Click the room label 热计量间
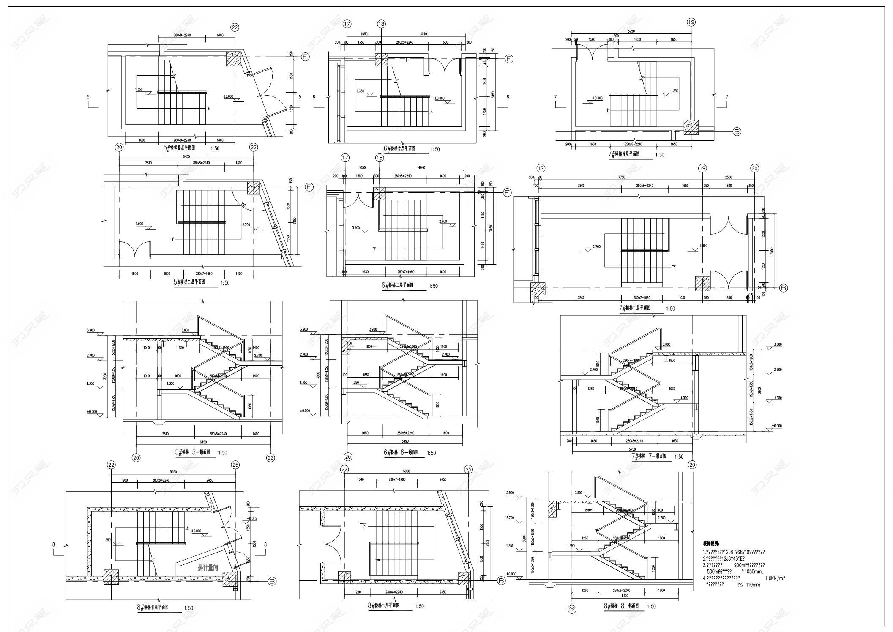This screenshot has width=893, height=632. [x=208, y=568]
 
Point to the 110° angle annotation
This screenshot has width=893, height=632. [x=243, y=205]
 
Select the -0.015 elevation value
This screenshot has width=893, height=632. [x=252, y=519]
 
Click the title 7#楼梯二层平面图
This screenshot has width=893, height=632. [x=634, y=308]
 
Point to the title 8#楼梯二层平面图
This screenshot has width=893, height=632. [x=384, y=605]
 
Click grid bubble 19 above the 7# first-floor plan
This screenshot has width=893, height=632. [x=691, y=22]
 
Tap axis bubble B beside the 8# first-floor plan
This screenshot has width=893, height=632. [x=273, y=582]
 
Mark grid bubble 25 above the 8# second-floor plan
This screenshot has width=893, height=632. [x=468, y=469]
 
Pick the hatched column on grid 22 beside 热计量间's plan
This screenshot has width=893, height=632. [x=111, y=577]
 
